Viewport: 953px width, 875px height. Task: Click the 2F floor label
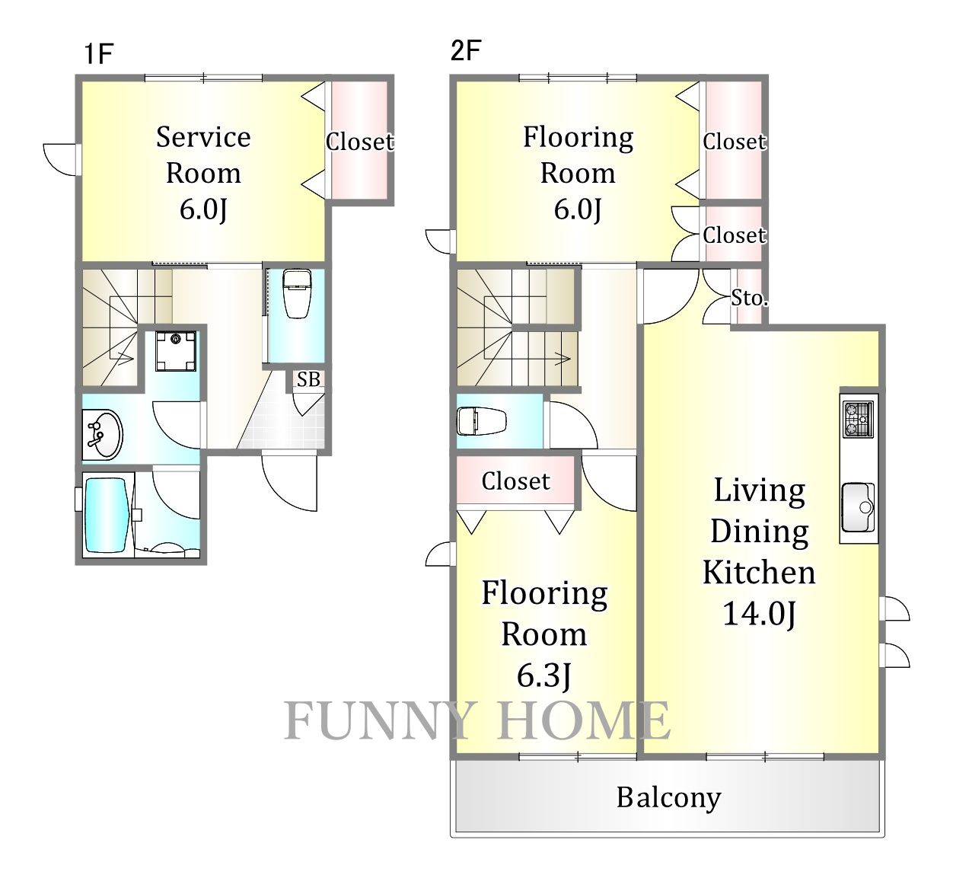(x=466, y=50)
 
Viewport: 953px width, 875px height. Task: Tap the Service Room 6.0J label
(x=203, y=173)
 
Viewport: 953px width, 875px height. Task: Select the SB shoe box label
(x=308, y=379)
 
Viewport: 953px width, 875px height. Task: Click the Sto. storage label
(x=749, y=298)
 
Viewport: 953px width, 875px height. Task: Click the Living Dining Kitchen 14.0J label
(x=759, y=552)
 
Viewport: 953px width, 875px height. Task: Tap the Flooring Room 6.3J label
(x=544, y=634)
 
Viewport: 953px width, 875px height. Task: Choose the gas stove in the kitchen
(x=858, y=419)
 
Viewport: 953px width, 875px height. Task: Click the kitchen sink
(x=858, y=507)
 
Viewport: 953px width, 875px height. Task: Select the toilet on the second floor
(x=481, y=421)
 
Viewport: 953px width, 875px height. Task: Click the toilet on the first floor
(x=297, y=293)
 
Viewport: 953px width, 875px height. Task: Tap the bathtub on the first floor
(x=107, y=516)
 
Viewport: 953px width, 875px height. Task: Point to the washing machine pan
(x=176, y=351)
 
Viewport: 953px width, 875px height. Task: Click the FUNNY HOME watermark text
(x=476, y=720)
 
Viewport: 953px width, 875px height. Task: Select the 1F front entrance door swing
(x=289, y=482)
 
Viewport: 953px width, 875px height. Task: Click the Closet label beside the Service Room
(x=359, y=142)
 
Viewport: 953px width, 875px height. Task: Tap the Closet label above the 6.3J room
(x=516, y=481)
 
